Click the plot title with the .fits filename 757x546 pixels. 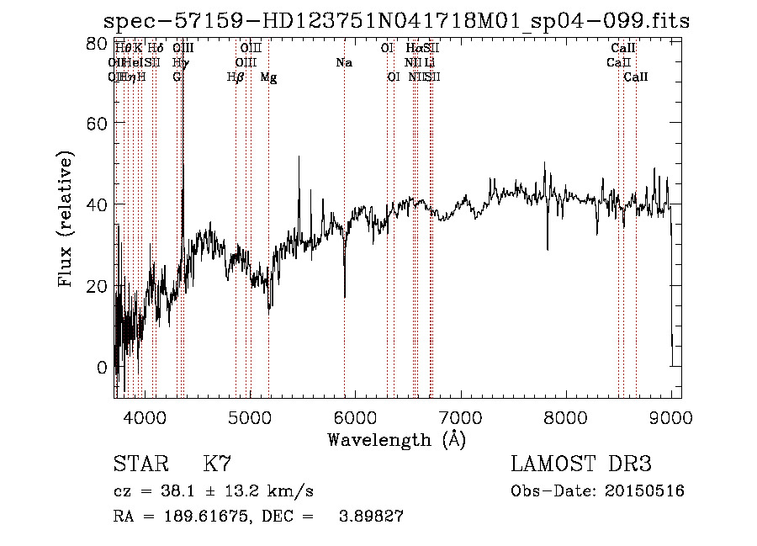396,22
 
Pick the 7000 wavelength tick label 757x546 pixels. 460,417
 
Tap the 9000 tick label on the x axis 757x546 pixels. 670,417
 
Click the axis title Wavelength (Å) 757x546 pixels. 396,439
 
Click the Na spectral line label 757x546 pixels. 343,63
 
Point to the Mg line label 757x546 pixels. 268,77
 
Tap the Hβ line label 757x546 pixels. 236,77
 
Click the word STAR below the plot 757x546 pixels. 139,464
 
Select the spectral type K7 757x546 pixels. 217,464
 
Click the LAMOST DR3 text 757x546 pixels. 581,464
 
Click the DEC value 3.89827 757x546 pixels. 369,517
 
